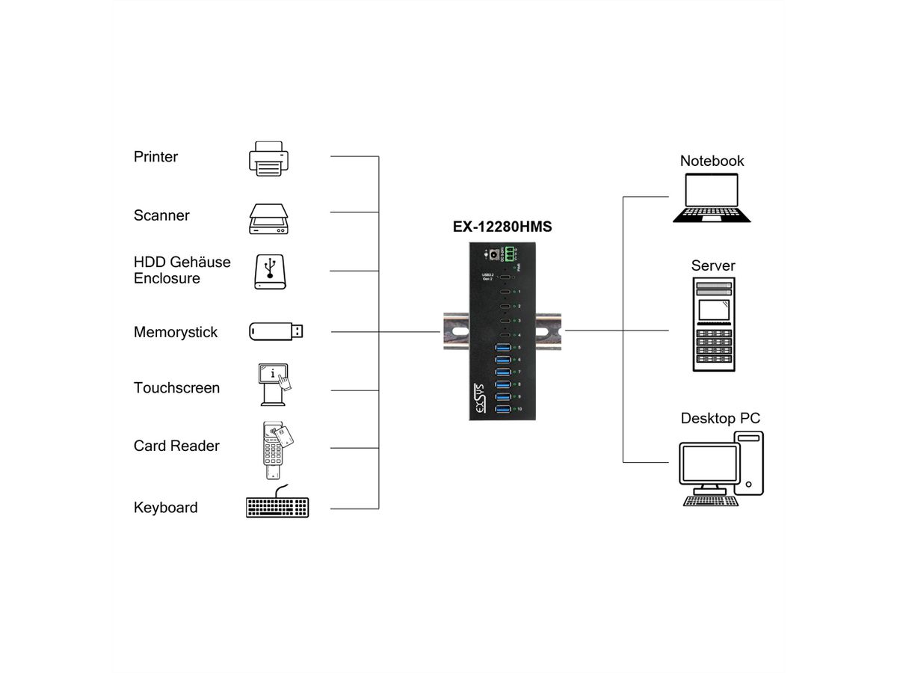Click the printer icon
point(268,159)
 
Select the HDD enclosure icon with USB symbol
point(269,272)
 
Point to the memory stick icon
point(276,331)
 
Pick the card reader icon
point(274,449)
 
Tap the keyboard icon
point(277,505)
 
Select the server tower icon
point(713,324)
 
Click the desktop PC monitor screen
point(706,464)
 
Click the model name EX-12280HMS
point(502,227)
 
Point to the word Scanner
point(161,215)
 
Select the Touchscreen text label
point(176,388)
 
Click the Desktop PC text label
point(720,418)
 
